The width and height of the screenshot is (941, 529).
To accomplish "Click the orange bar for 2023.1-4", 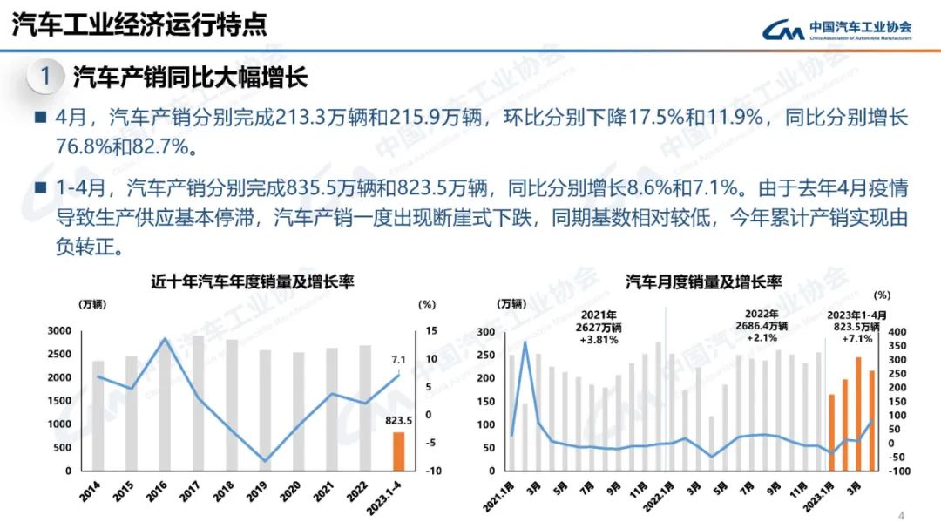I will click(398, 451).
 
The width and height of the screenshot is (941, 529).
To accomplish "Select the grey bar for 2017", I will click(198, 403).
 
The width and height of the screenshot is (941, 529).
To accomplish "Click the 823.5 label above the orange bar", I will click(398, 421).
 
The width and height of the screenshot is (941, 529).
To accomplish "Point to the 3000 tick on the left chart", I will click(60, 331).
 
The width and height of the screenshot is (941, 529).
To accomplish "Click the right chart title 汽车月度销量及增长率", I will click(703, 281).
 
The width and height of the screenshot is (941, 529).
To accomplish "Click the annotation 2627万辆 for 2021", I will click(600, 327).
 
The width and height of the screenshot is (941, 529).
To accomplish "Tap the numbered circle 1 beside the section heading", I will click(44, 77).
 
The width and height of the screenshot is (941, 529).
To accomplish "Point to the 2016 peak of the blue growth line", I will click(166, 338).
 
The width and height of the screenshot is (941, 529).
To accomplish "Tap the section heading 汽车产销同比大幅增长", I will click(190, 77).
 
